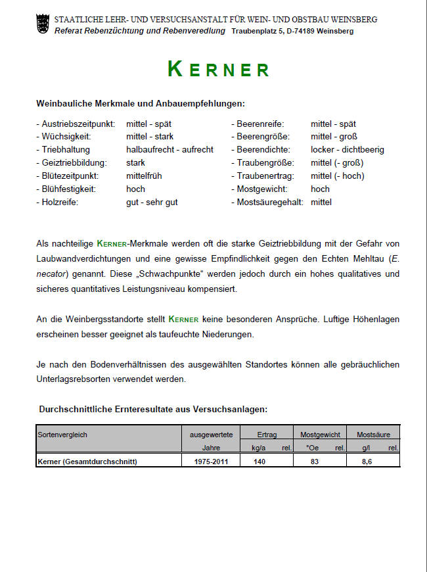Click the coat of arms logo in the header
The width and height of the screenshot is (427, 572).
tap(43, 26)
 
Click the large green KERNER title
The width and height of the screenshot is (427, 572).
tap(218, 69)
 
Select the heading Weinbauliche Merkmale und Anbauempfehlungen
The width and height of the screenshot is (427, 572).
tap(141, 104)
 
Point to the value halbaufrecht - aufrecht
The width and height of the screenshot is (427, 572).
tap(169, 150)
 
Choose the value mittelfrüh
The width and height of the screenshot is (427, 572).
tap(144, 176)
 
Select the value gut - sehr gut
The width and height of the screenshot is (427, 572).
tap(152, 203)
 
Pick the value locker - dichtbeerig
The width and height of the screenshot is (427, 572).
tap(348, 150)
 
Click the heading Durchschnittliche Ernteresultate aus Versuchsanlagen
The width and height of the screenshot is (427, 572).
tap(153, 409)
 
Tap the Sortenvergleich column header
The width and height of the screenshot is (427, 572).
tap(62, 435)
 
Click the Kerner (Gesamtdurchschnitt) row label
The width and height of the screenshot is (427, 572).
tap(87, 462)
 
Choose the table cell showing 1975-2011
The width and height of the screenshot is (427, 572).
tap(211, 462)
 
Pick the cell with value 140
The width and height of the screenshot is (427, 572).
tap(260, 462)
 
